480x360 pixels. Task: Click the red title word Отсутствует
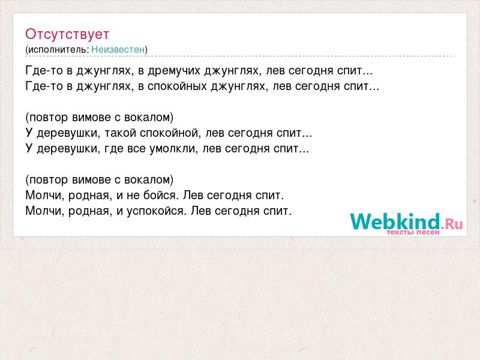(x=67, y=34)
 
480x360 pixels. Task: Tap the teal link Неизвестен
(x=118, y=49)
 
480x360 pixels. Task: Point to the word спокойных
(x=177, y=86)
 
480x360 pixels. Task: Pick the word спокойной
(x=170, y=133)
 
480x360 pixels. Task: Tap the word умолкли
(x=173, y=149)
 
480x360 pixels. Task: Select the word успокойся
(x=157, y=211)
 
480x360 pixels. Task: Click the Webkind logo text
(x=395, y=221)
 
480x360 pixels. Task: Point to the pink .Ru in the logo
(x=452, y=224)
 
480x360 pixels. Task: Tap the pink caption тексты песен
(x=413, y=232)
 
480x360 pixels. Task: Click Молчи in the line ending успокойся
(x=44, y=211)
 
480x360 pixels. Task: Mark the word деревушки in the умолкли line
(x=68, y=149)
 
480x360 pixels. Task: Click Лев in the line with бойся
(x=193, y=196)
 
